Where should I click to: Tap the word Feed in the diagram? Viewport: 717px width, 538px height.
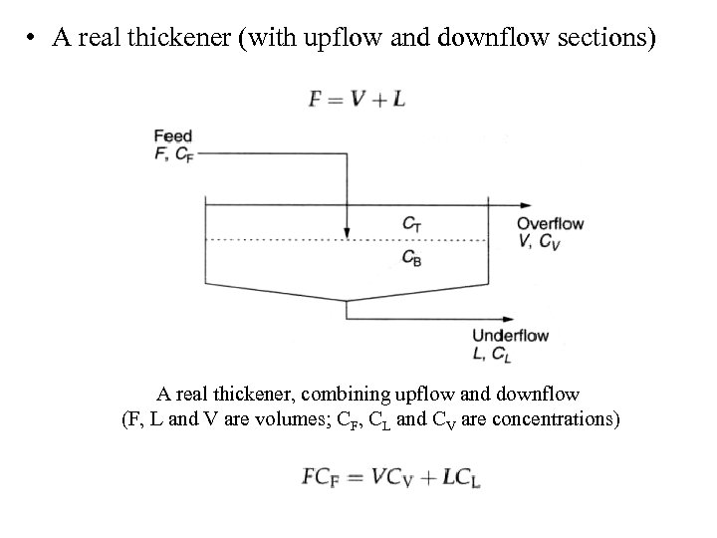[172, 136]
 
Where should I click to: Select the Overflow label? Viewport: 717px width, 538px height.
[550, 224]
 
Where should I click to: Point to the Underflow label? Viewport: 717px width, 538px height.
[510, 335]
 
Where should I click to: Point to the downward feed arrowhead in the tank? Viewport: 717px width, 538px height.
[346, 234]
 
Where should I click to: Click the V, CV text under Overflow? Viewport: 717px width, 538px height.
[539, 242]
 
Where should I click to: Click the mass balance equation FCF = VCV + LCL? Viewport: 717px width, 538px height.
[390, 477]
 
